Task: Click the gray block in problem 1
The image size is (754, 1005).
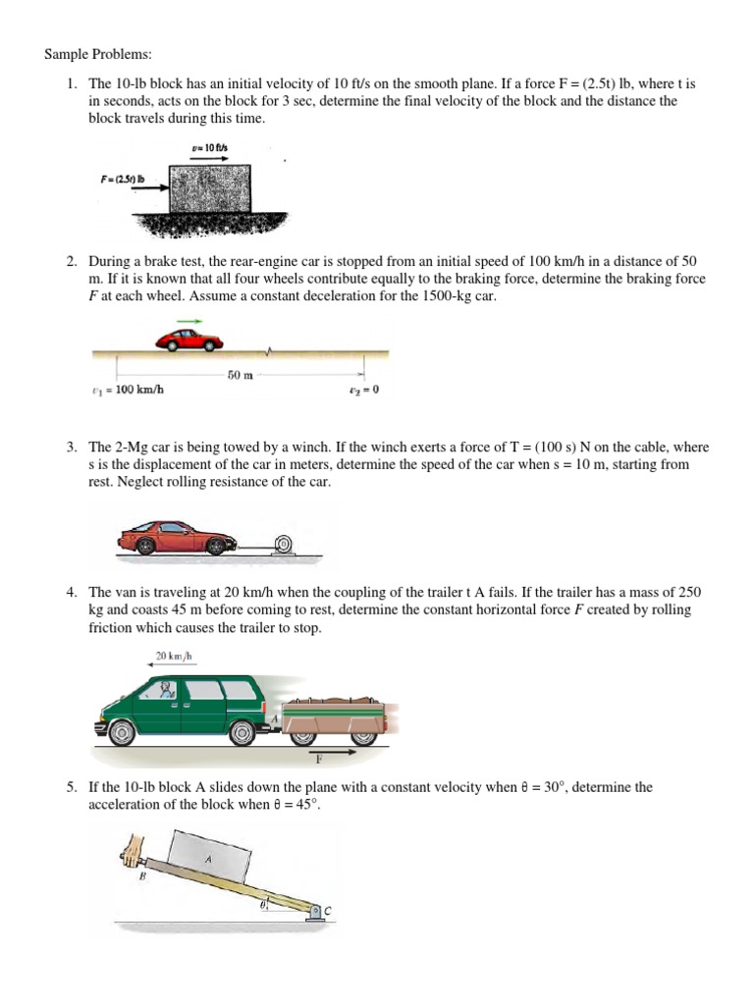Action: tap(209, 189)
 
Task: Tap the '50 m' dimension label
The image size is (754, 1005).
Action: tap(242, 375)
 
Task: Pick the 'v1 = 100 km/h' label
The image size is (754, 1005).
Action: tap(127, 391)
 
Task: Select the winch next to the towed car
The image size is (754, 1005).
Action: tap(284, 542)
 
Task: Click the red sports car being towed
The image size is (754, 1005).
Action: tap(176, 536)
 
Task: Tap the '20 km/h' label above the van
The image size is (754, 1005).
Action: tap(172, 656)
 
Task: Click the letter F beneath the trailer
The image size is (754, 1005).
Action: tap(320, 758)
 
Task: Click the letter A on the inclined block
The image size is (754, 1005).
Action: tap(207, 859)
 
